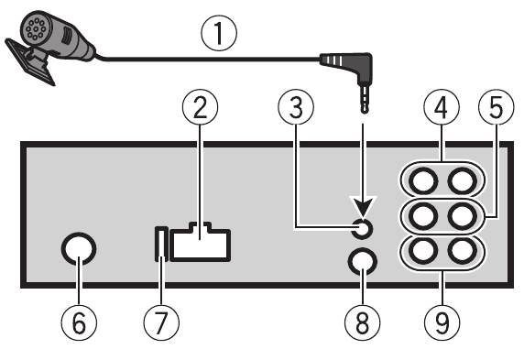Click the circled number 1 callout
217,35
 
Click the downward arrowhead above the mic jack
364,210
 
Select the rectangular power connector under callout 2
201,245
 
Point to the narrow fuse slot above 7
162,245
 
